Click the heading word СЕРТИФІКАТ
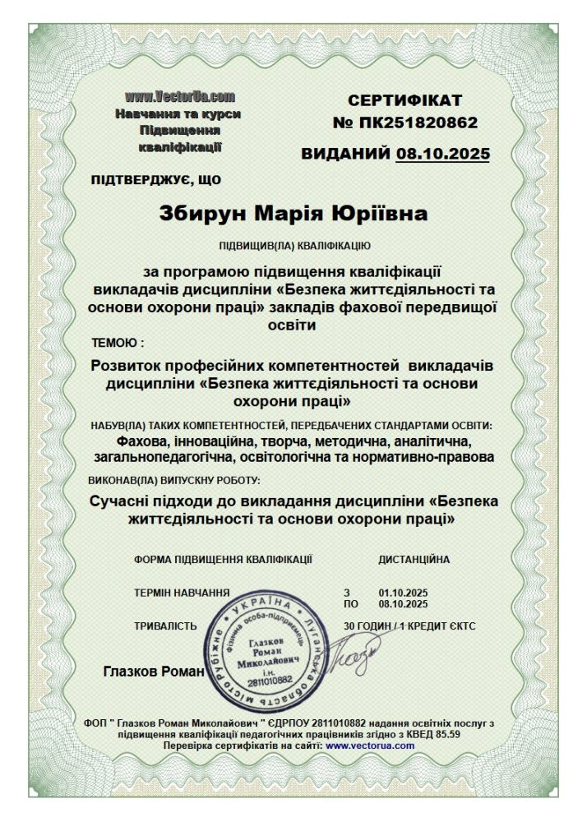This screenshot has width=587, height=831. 405,101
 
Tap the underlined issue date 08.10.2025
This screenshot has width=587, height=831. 442,154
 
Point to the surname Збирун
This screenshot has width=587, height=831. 203,215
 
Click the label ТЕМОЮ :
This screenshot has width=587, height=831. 118,341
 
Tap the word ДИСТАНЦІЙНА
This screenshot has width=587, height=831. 414,560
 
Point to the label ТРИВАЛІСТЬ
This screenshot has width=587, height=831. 165,626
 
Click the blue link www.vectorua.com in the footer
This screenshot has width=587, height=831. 370,746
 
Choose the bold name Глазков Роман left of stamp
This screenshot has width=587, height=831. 153,672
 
